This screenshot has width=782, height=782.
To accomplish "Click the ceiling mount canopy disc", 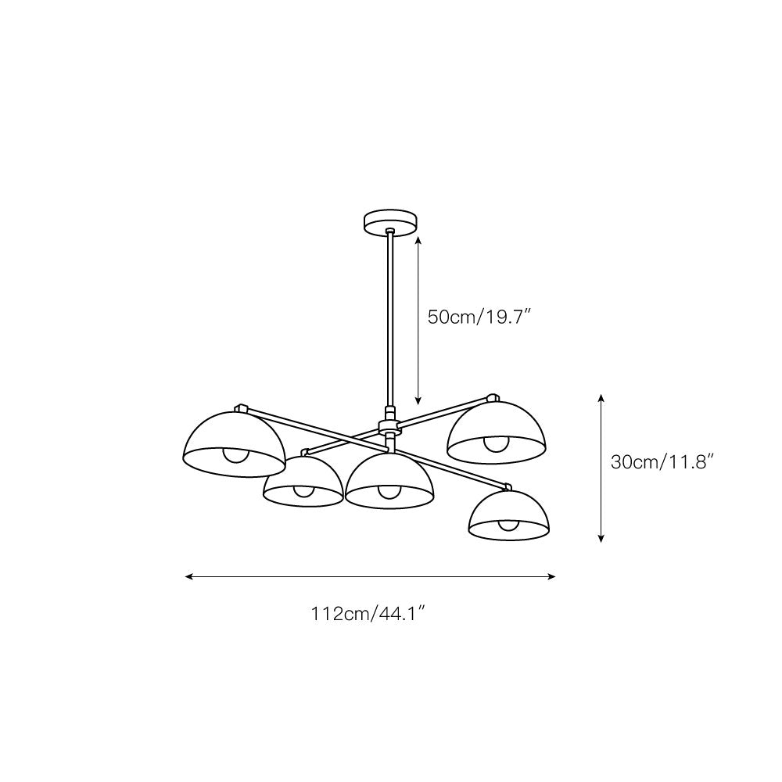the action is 390,222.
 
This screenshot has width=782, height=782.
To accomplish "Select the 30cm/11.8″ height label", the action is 662,462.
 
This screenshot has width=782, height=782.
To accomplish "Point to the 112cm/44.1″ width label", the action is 368,613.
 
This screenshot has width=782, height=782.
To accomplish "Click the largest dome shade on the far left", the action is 234,443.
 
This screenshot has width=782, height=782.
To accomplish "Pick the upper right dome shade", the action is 497,432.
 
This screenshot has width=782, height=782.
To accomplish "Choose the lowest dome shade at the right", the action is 509,514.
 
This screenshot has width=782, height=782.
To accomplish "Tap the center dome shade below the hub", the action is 389,480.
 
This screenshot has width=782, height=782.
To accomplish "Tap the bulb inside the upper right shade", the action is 495,443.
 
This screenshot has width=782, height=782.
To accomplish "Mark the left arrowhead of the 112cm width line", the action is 188,576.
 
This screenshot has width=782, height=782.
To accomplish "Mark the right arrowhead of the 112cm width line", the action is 551,576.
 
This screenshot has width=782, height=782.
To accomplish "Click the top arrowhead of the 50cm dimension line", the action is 418,240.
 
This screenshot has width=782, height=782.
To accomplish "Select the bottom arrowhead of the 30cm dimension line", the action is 601,538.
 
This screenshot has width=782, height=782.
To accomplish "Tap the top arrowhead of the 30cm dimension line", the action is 601,398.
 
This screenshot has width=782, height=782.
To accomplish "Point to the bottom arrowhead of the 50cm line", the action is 418,400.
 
